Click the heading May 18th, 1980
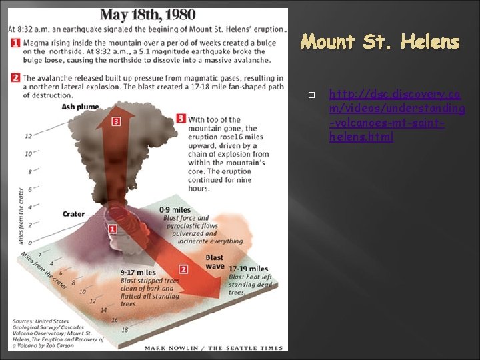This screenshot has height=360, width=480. click(x=148, y=15)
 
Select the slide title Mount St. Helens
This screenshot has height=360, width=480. click(x=380, y=43)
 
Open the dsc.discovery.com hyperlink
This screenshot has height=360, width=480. click(x=397, y=114)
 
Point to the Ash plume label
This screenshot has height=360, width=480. click(x=81, y=107)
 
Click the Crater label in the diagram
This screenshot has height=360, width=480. click(x=74, y=214)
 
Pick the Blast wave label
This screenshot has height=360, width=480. click(x=215, y=261)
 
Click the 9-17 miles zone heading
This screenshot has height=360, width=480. click(x=138, y=272)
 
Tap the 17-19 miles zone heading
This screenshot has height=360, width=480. click(x=248, y=269)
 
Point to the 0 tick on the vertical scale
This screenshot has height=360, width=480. click(x=29, y=243)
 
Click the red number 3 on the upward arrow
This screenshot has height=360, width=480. click(x=116, y=121)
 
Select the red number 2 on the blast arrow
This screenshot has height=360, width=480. click(x=183, y=269)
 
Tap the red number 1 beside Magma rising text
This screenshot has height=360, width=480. click(x=15, y=43)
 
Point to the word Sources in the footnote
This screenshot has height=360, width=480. click(x=24, y=321)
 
